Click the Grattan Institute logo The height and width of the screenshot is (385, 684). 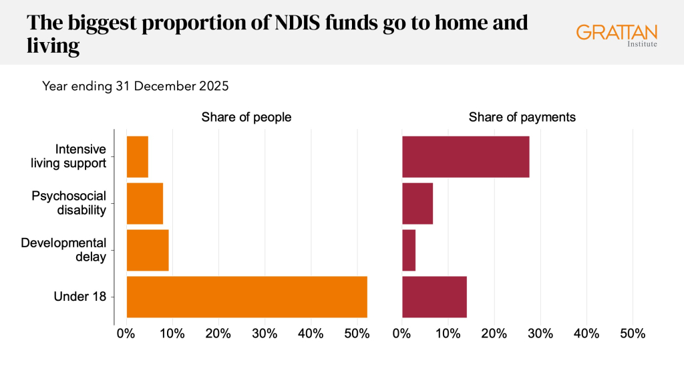click(x=617, y=35)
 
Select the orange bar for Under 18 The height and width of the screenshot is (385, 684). click(x=246, y=296)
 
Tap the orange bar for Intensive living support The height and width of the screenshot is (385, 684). click(x=137, y=156)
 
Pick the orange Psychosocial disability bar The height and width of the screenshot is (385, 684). click(x=144, y=203)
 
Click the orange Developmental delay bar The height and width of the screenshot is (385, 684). click(x=147, y=250)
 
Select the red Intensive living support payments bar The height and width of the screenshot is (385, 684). click(x=466, y=156)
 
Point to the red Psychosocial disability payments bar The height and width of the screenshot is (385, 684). click(x=417, y=203)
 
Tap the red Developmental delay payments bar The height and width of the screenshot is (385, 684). click(x=409, y=250)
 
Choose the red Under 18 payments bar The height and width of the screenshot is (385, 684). click(x=434, y=296)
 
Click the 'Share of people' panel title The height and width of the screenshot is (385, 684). click(x=246, y=118)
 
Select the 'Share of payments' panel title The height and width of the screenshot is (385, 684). click(x=522, y=118)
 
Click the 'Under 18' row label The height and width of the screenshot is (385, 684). click(x=79, y=296)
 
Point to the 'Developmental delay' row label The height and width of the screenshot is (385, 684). click(x=64, y=249)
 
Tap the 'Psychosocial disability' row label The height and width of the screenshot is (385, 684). click(x=69, y=203)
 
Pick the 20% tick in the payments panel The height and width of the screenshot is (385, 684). click(x=494, y=334)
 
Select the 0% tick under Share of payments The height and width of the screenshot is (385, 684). click(x=402, y=334)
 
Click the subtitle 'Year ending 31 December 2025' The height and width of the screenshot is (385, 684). click(x=136, y=86)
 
